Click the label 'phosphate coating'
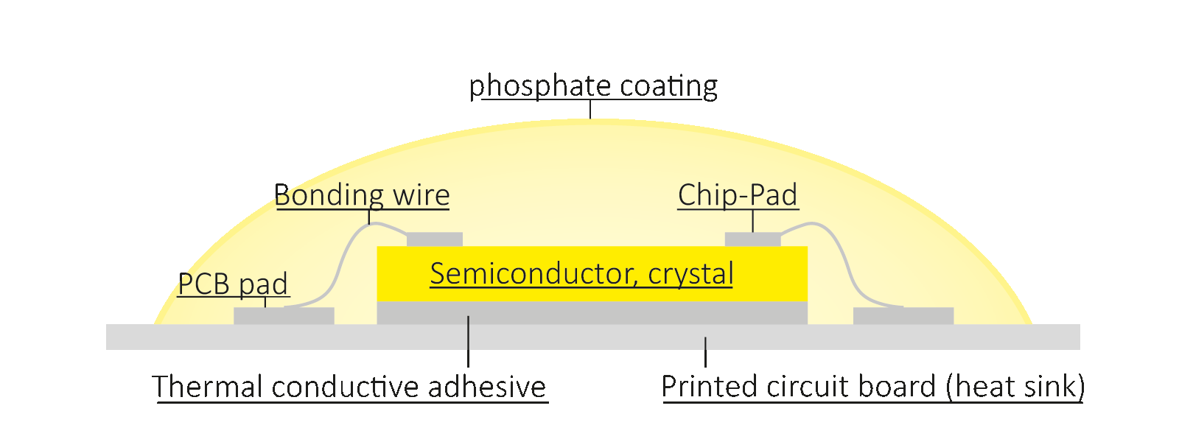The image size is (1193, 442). pyautogui.click(x=593, y=86)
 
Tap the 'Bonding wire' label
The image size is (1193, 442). pyautogui.click(x=362, y=195)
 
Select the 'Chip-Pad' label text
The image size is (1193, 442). pyautogui.click(x=738, y=195)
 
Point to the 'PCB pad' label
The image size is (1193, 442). pyautogui.click(x=233, y=284)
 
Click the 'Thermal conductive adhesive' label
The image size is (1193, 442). pyautogui.click(x=349, y=387)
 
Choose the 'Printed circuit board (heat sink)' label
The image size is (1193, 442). pyautogui.click(x=872, y=387)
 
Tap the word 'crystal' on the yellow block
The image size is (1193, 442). pyautogui.click(x=690, y=273)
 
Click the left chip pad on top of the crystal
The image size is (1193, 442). pyautogui.click(x=435, y=239)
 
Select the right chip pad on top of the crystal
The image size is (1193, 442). pyautogui.click(x=752, y=239)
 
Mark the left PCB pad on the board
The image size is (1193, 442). pyautogui.click(x=284, y=316)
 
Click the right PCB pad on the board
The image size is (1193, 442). pyautogui.click(x=903, y=316)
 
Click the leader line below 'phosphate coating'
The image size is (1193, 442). pyautogui.click(x=590, y=110)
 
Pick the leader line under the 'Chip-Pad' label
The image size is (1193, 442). pyautogui.click(x=752, y=220)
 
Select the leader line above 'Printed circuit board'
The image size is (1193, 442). pyautogui.click(x=706, y=352)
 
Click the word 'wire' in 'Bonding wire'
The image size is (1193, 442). pyautogui.click(x=421, y=195)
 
